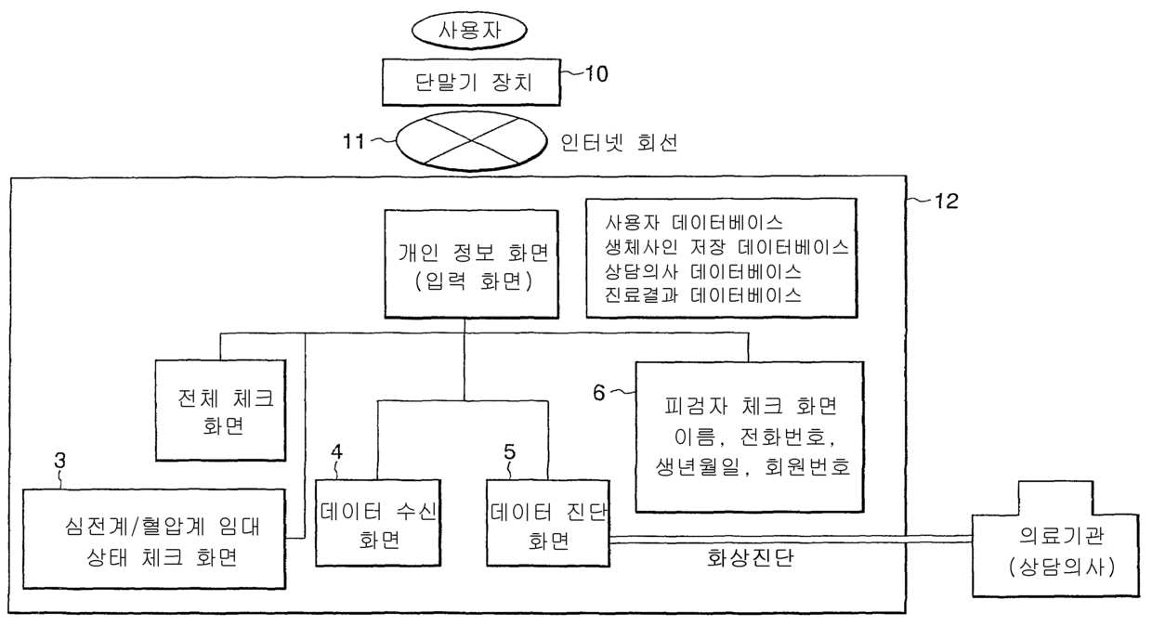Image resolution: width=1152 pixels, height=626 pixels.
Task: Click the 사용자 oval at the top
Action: point(470,29)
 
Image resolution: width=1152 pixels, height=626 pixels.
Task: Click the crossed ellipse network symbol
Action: point(470,142)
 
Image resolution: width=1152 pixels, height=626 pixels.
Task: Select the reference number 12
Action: point(940,200)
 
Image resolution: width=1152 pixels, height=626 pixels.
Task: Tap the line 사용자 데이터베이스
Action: point(693,223)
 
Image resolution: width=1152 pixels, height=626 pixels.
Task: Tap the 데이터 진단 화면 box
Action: point(547,523)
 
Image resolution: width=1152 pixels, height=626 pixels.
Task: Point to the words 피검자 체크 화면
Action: point(752,407)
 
